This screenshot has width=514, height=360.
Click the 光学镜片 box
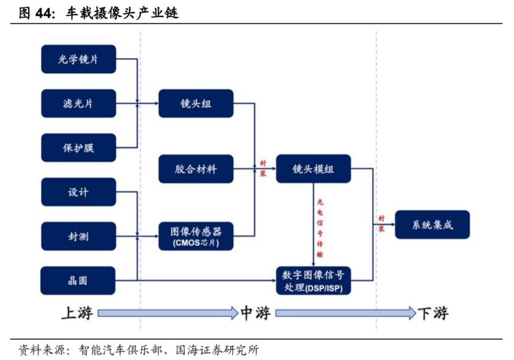pos(79,59)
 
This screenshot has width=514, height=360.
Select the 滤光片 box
pos(79,103)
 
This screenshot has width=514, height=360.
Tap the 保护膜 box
pos(79,148)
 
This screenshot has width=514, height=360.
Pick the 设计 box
pos(79,192)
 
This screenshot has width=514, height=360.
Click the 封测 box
pos(79,236)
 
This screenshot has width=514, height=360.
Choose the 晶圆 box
pos(79,280)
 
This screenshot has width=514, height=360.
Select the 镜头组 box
pos(196,103)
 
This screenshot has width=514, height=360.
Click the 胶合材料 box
pos(196,169)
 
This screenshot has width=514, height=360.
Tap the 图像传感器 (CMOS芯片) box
pos(196,236)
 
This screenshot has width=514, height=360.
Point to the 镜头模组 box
pos(313,169)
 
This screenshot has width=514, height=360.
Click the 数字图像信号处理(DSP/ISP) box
pos(313,280)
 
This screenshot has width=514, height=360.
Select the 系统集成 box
pos(432,224)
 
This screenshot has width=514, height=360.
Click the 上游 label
pos(77,313)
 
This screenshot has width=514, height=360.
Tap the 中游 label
pos(256,313)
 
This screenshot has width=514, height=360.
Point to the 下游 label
pos(433,313)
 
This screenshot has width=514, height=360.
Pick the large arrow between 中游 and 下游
pos(346,313)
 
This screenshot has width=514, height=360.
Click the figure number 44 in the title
pos(43,13)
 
